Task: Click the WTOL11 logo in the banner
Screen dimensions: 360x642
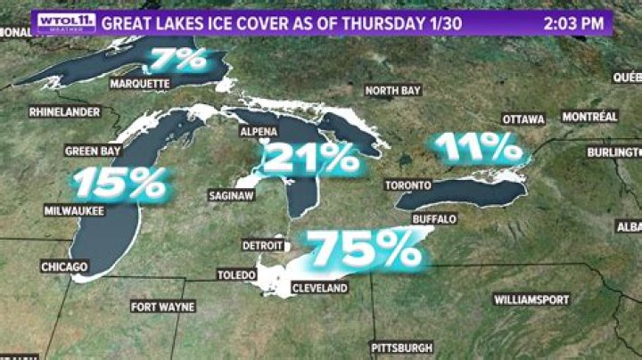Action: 65,22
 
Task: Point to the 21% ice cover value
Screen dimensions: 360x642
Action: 310,158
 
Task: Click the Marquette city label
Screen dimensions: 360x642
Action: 139,84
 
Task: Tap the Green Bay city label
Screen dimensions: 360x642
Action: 93,151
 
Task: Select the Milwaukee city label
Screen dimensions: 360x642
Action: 74,211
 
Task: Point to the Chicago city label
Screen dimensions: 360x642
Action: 64,266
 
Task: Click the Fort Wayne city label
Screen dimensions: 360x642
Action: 163,307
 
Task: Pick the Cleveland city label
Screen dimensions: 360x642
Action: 319,289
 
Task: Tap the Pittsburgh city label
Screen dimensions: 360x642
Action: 402,347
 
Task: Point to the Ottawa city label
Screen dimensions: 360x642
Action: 523,119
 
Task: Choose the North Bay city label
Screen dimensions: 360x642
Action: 393,90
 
